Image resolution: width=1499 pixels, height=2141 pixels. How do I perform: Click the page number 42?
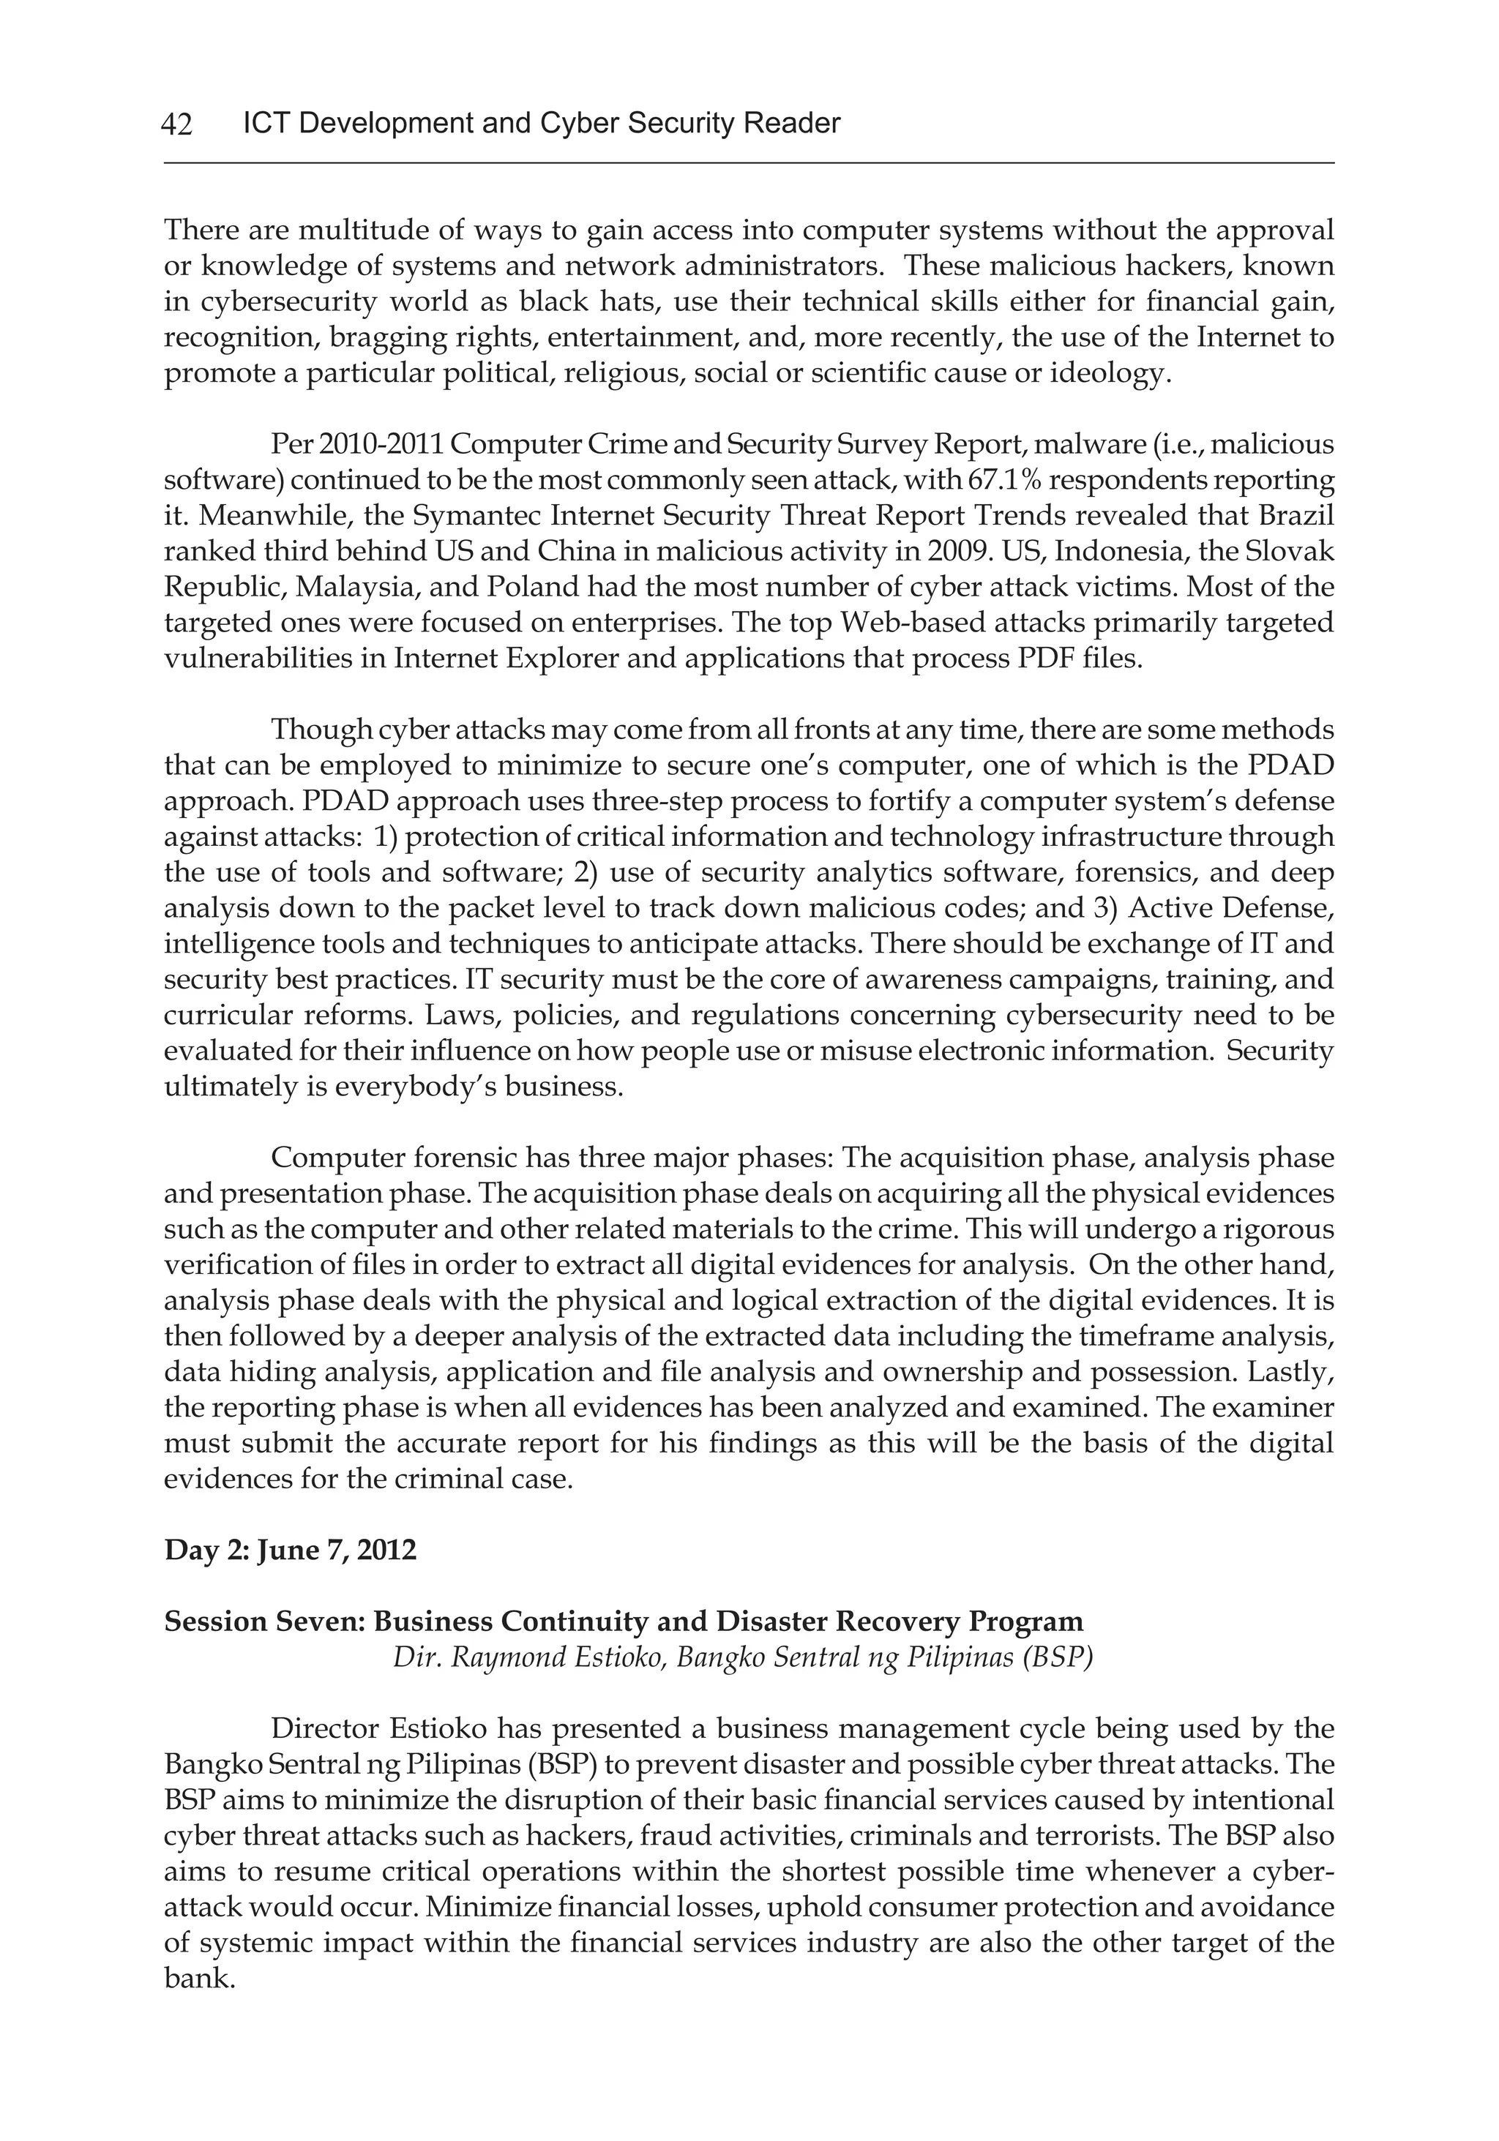coord(177,124)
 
